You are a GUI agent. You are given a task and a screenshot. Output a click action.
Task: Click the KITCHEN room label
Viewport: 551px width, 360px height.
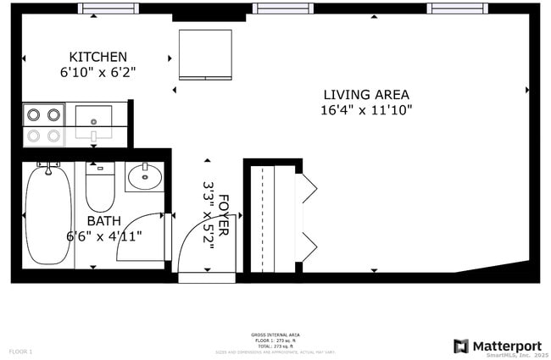[x=98, y=57]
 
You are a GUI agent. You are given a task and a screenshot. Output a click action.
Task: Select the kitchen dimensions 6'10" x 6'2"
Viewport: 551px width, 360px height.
[x=98, y=73]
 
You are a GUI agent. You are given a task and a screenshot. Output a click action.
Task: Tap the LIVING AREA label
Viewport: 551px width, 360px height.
[x=366, y=94]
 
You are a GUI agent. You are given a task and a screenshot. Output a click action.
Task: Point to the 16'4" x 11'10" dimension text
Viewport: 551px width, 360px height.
[x=366, y=110]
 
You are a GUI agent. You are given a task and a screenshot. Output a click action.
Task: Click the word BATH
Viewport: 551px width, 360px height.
[x=103, y=220]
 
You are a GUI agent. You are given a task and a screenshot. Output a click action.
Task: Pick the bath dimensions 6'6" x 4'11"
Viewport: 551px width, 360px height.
[x=104, y=236]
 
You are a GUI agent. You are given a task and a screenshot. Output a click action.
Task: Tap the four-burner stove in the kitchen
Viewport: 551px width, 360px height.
[x=43, y=124]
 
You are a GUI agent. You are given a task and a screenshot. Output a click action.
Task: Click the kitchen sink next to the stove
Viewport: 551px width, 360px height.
[x=93, y=123]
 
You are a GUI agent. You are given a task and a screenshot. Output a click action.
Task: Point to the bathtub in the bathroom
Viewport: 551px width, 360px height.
[x=49, y=215]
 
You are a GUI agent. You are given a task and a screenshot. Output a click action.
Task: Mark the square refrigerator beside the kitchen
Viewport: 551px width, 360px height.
[x=205, y=54]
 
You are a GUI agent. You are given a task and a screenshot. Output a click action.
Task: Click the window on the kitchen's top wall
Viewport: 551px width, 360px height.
[x=109, y=9]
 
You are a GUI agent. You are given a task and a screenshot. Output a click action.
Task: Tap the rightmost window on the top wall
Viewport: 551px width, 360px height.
[x=457, y=8]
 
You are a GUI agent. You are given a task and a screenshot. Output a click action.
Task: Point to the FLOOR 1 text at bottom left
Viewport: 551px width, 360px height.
[x=21, y=351]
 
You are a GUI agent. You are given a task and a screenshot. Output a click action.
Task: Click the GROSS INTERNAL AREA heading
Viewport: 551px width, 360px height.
[x=275, y=335]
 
